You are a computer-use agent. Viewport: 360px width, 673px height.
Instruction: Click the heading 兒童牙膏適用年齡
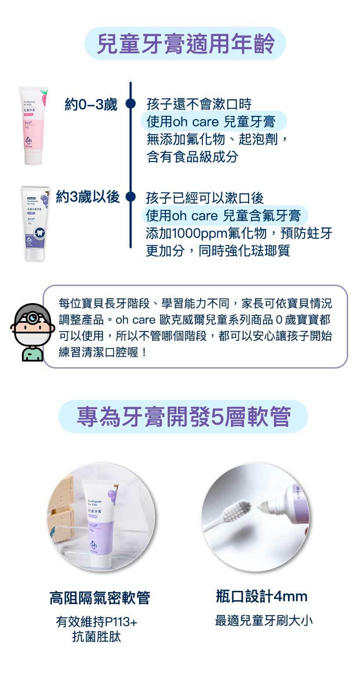pyautogui.click(x=185, y=43)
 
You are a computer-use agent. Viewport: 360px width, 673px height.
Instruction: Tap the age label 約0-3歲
pyautogui.click(x=91, y=105)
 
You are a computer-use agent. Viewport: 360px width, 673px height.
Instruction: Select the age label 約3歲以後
pyautogui.click(x=88, y=197)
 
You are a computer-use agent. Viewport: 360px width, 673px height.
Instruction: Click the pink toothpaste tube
pyautogui.click(x=33, y=126)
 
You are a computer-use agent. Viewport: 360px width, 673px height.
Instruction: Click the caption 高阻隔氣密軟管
pyautogui.click(x=100, y=598)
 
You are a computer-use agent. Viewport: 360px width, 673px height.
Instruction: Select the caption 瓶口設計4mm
pyautogui.click(x=262, y=596)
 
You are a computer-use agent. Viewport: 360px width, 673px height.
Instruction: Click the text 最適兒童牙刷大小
pyautogui.click(x=264, y=621)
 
